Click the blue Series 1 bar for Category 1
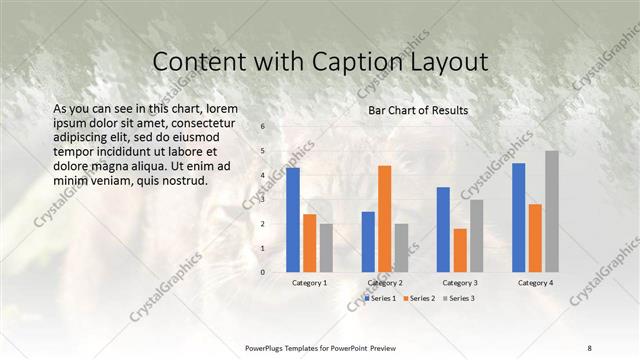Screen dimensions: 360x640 [293, 219]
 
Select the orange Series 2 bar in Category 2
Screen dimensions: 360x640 [385, 218]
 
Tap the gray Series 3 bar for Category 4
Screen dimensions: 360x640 [552, 211]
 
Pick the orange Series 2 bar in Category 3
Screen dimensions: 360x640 [460, 250]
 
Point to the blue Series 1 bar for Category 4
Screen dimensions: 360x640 [519, 217]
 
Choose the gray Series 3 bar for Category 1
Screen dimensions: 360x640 [326, 247]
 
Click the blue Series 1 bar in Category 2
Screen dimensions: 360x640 [368, 241]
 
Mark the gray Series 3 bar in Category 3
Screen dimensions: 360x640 [477, 235]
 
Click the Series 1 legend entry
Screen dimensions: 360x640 [382, 298]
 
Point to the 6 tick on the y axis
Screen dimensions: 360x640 [262, 127]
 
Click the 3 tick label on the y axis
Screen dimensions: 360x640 [262, 199]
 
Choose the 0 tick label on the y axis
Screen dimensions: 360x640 [262, 272]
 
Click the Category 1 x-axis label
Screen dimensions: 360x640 [309, 284]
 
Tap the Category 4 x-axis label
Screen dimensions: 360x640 [536, 284]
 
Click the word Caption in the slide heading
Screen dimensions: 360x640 [336, 62]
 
